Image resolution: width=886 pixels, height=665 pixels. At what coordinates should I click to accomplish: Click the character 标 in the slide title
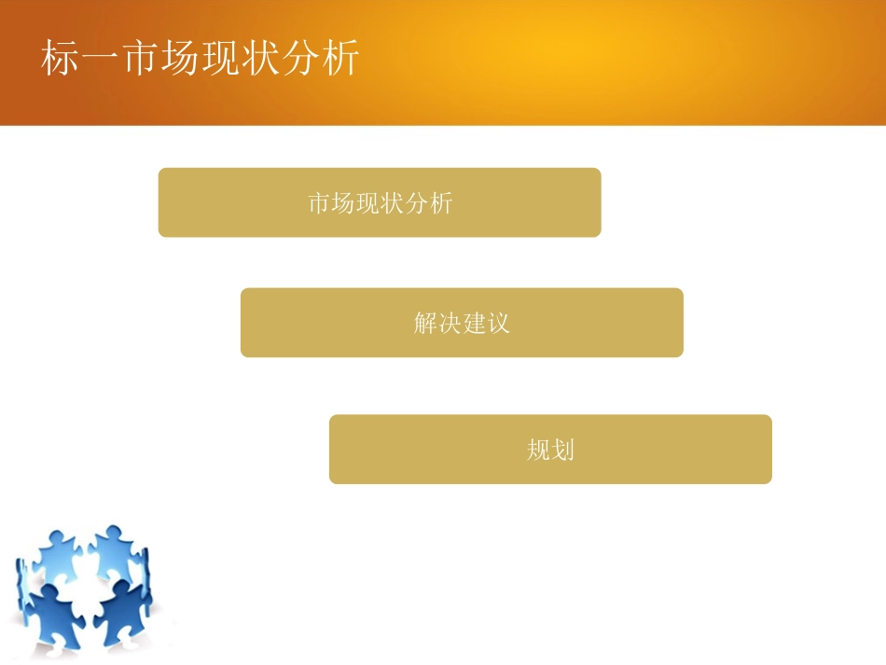point(60,61)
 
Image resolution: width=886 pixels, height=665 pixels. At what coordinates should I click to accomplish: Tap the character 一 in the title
point(100,61)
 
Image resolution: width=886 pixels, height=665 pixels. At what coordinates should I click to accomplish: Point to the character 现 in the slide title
point(220,61)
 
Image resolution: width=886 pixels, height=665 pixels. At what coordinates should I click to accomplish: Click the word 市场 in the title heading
point(160,61)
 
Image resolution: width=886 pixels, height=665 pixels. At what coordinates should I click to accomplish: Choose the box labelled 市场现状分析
point(380,202)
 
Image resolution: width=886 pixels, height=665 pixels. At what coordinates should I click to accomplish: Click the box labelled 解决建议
point(462,323)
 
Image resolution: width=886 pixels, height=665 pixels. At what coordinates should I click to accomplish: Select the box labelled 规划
point(550,450)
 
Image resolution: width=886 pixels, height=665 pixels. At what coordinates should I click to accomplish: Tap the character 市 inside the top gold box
point(320,203)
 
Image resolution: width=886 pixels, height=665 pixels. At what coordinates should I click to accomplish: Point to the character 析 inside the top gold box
point(441,203)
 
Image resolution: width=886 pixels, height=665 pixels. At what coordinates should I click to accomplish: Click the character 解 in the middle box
point(425,324)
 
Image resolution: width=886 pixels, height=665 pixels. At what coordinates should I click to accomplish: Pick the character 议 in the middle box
point(499,324)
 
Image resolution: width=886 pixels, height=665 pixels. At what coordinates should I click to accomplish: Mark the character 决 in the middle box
point(450,324)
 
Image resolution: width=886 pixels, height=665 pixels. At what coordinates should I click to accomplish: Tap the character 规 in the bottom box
point(538,450)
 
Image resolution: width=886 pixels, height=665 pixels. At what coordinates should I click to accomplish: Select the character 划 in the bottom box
point(563,450)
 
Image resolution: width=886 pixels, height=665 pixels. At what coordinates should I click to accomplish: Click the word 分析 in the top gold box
point(429,203)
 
